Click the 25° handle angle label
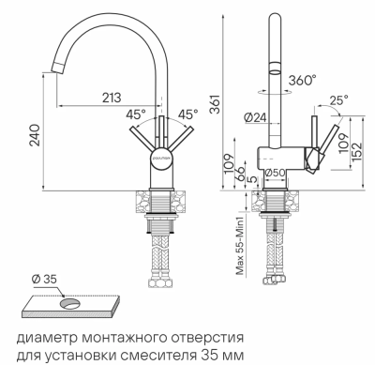pos(339,98)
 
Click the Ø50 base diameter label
pos(275,173)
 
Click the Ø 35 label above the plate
pos(43,279)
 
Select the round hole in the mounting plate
pos(68,303)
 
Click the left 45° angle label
pos(137,115)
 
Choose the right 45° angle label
pos(188,115)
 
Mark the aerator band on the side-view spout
pos(275,67)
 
